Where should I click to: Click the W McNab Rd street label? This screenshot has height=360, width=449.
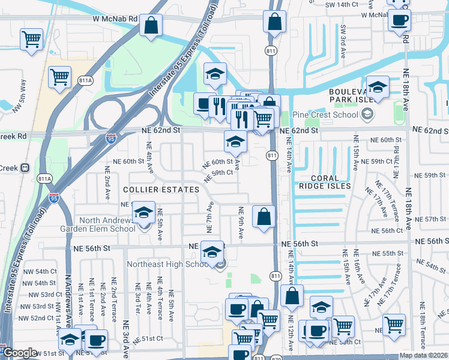(x=116, y=19)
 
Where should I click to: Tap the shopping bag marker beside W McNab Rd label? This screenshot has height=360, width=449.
(x=152, y=25)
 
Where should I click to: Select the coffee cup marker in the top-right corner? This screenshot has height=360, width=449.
(x=399, y=20)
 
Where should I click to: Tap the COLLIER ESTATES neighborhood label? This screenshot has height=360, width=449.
(x=161, y=190)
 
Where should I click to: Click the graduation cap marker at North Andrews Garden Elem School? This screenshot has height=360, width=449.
(x=143, y=213)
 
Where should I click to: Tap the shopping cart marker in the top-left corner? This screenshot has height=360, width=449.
(x=31, y=40)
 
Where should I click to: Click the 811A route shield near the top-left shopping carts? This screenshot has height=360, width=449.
(x=85, y=80)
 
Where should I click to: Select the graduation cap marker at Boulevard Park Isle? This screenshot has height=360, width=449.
(x=378, y=88)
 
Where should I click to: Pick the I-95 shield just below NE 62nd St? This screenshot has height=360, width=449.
(x=110, y=139)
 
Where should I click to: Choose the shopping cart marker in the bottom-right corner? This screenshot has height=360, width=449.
(x=394, y=325)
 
